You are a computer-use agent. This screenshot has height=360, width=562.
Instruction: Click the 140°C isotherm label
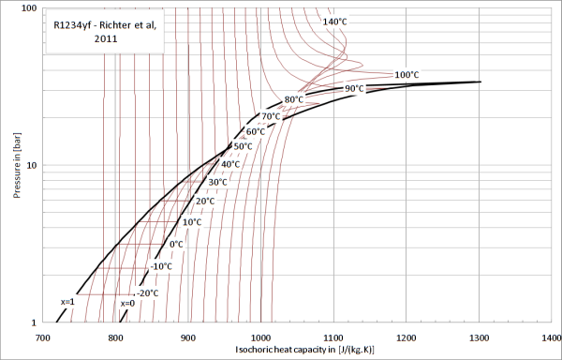click(x=334, y=22)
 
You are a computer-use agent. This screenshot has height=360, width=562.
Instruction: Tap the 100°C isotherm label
click(x=407, y=75)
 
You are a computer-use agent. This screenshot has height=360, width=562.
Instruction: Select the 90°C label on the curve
click(x=354, y=88)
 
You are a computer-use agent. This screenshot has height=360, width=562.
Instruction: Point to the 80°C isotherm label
click(x=293, y=99)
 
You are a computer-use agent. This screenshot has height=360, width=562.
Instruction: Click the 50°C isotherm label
click(x=243, y=146)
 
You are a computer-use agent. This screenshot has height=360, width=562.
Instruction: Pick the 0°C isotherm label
click(x=176, y=245)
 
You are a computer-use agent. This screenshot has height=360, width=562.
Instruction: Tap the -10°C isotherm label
click(x=161, y=267)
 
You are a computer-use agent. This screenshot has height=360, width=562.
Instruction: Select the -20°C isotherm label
click(x=147, y=293)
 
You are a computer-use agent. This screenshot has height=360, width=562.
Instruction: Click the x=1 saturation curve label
click(x=67, y=302)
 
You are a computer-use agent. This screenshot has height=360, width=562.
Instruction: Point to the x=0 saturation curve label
click(x=127, y=304)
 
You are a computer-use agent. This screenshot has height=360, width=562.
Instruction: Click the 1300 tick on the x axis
click(x=479, y=337)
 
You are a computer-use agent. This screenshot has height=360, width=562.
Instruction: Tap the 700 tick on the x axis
click(x=43, y=337)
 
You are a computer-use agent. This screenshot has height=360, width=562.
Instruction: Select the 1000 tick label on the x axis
click(x=261, y=337)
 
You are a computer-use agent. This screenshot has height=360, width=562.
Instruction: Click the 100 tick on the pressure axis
click(x=30, y=7)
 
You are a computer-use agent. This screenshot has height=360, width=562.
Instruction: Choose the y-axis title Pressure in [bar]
click(x=17, y=165)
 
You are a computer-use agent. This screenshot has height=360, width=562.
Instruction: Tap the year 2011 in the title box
click(x=106, y=38)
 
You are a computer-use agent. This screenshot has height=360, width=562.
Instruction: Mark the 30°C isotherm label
click(x=217, y=182)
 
